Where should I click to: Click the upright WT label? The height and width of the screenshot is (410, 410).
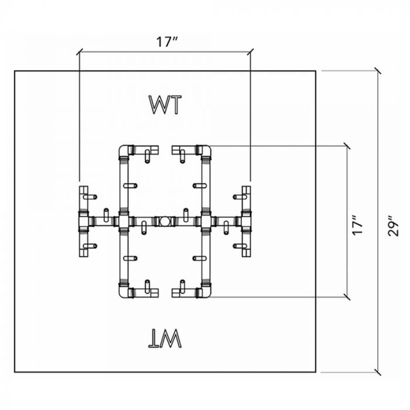[x=165, y=105]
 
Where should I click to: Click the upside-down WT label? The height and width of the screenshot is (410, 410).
[x=166, y=338]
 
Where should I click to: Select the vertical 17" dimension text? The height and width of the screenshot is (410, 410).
[x=357, y=222]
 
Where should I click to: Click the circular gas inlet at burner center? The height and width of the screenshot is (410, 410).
[x=165, y=221]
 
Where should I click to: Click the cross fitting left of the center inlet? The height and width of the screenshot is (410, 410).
[x=124, y=221]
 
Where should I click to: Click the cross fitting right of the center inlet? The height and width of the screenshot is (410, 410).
[x=205, y=221]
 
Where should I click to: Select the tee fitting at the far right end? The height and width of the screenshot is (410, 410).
[x=245, y=221]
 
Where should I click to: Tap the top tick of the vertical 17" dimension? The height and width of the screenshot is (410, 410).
[x=348, y=145]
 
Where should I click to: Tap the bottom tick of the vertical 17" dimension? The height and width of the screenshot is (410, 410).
[x=348, y=297]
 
